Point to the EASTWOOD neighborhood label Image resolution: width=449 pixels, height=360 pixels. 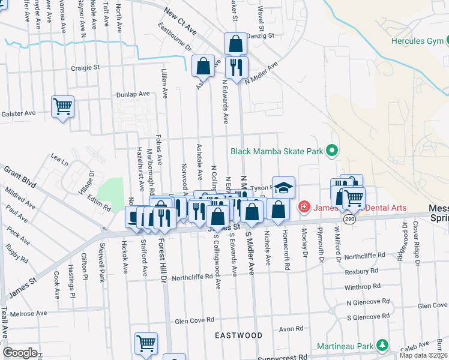click(x=239, y=335)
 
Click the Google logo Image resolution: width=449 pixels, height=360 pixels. click(x=20, y=353)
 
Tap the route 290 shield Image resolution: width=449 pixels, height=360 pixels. click(x=348, y=220)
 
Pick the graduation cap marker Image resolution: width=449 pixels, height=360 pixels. click(x=283, y=188)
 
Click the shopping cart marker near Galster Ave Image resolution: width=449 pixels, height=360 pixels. click(x=62, y=107)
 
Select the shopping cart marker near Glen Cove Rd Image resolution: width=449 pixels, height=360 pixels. click(x=146, y=343)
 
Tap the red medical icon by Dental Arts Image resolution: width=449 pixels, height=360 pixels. click(x=304, y=208)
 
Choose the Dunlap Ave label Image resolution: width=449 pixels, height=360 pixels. click(x=133, y=94)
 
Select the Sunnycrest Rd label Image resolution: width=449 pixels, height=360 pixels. click(x=282, y=357)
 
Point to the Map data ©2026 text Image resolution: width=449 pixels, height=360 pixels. click(x=423, y=355)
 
